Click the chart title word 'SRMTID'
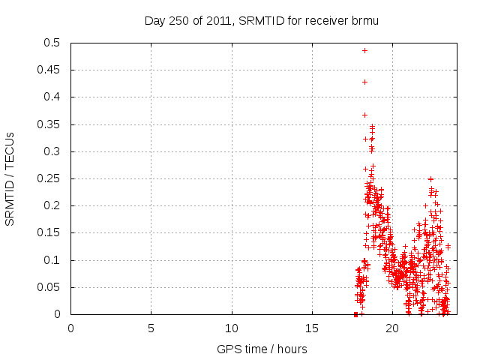point(253,21)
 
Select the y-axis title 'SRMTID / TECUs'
point(10,179)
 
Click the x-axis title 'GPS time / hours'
point(262,349)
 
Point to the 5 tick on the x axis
point(151,328)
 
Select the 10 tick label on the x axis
point(231,328)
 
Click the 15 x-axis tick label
point(311,328)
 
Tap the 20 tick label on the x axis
point(391,328)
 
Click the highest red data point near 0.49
point(364,50)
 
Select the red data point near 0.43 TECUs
point(364,82)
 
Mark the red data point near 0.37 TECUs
point(364,115)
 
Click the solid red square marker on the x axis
point(355,314)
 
